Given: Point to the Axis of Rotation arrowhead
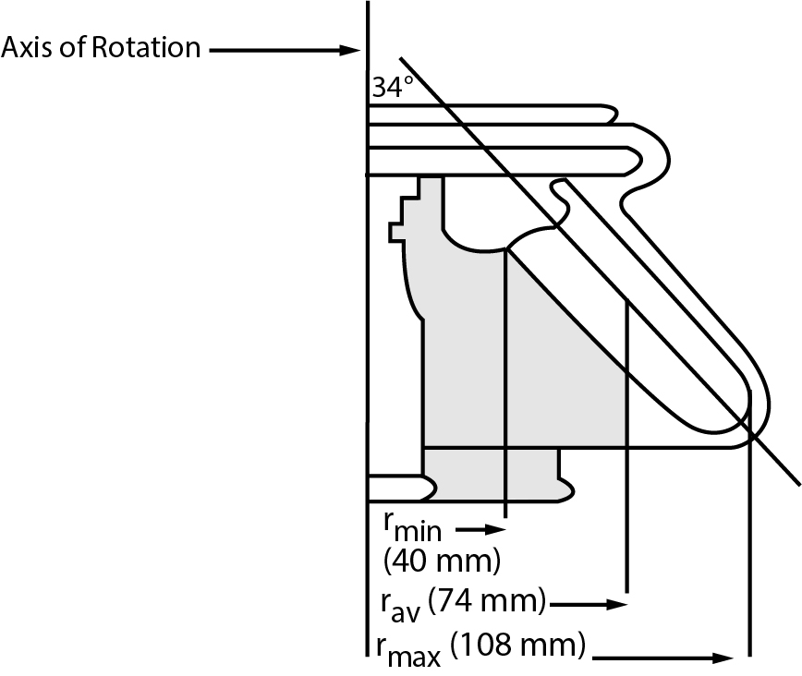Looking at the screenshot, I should point(351,49).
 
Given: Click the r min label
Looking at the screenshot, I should point(413,525).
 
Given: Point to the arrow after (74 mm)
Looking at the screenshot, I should point(589,605).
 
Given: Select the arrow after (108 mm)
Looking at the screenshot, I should point(665,658).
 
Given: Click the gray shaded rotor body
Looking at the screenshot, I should point(517,369).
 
